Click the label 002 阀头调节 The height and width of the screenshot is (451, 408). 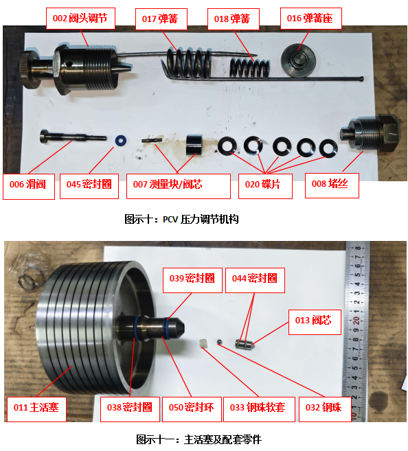[x=80, y=19]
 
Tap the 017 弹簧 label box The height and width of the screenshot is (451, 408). [x=161, y=19]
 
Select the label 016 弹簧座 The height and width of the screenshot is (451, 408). [x=310, y=19]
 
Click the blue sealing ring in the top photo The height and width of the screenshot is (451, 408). [x=121, y=141]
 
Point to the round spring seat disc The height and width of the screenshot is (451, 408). [x=299, y=60]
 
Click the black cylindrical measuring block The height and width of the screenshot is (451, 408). [x=194, y=145]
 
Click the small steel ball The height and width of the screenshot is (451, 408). [x=220, y=342]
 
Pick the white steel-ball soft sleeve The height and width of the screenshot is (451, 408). [x=204, y=343]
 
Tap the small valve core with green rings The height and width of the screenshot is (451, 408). [x=244, y=344]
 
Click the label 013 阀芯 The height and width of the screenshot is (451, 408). [x=315, y=322]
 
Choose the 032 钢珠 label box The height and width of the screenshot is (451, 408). [x=325, y=409]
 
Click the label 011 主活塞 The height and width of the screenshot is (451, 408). [x=36, y=409]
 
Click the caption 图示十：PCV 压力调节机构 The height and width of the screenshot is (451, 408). [x=181, y=220]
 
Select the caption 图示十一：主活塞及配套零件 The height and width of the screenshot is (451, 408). [x=199, y=439]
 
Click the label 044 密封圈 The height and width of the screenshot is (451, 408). [x=255, y=280]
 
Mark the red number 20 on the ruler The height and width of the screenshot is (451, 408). [x=356, y=321]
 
